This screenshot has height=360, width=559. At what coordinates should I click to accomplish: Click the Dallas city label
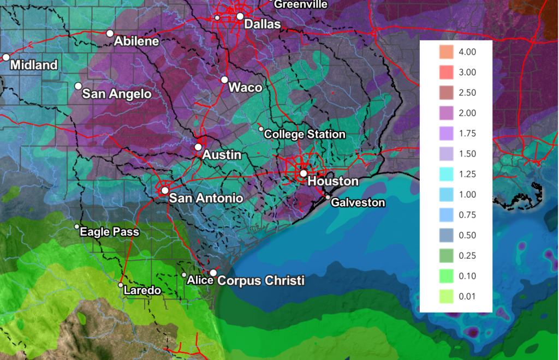tap(262, 24)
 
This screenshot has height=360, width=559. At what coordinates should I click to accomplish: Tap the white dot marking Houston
tap(303, 173)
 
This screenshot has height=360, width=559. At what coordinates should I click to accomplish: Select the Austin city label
tap(222, 155)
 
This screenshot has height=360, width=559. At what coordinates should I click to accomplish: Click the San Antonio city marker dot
tap(165, 190)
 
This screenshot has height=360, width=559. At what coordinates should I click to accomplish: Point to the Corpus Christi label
tap(261, 280)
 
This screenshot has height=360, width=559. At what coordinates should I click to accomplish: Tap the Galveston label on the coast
tap(358, 202)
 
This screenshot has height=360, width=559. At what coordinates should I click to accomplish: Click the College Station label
tap(305, 134)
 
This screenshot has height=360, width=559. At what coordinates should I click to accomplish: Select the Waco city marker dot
tap(224, 80)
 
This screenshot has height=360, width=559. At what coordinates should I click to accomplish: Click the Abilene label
tap(136, 41)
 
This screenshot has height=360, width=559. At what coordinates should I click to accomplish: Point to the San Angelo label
tap(116, 94)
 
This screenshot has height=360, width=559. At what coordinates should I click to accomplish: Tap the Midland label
tap(34, 65)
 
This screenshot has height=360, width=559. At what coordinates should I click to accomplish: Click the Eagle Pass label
tap(109, 232)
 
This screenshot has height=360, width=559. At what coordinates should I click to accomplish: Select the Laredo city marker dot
tap(121, 285)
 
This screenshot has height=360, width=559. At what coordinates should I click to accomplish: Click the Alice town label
tap(199, 280)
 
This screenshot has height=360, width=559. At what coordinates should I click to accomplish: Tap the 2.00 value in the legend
tap(467, 113)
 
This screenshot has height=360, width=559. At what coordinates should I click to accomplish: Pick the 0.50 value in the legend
tap(467, 236)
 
